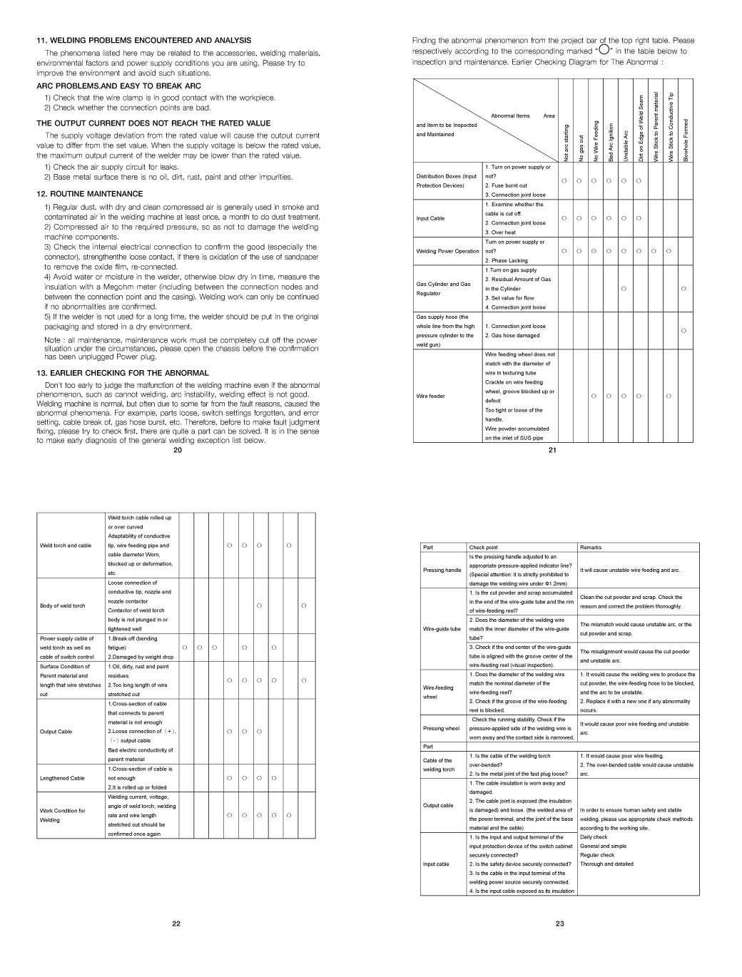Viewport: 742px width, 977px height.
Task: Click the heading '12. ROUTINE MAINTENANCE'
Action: click(x=90, y=194)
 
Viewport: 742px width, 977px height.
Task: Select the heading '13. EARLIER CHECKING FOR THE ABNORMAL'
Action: click(x=123, y=373)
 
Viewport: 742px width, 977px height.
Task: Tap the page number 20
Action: click(x=178, y=451)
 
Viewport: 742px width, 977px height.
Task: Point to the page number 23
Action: click(x=559, y=924)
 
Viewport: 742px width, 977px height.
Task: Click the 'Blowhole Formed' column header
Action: click(x=686, y=140)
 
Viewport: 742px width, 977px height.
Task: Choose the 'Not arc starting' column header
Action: click(x=565, y=142)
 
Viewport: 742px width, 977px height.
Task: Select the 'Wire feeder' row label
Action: click(x=430, y=396)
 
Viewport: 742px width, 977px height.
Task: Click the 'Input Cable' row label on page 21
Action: click(x=430, y=218)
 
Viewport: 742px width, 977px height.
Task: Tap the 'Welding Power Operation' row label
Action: click(x=447, y=251)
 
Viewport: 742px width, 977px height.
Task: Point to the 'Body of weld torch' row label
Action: click(x=62, y=606)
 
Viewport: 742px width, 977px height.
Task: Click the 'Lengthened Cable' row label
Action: click(x=62, y=778)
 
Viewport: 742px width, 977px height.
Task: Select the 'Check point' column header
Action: click(x=484, y=548)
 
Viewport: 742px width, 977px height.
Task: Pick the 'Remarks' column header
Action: click(x=591, y=548)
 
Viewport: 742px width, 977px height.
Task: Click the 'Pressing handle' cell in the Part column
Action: click(x=442, y=570)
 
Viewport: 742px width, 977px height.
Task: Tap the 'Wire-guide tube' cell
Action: click(x=442, y=629)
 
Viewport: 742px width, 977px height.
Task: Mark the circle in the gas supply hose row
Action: click(x=684, y=331)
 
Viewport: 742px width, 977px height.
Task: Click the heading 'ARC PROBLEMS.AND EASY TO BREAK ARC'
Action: click(x=119, y=86)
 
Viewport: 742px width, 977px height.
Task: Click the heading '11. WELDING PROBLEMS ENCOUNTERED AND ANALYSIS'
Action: click(x=144, y=41)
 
